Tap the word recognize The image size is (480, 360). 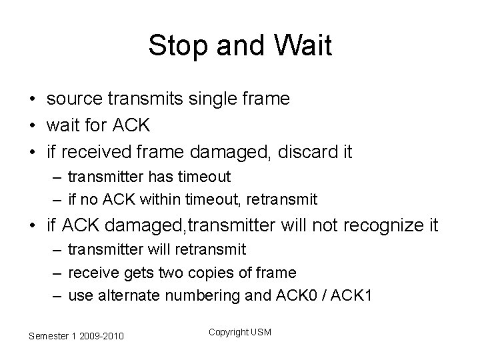tap(378, 226)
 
